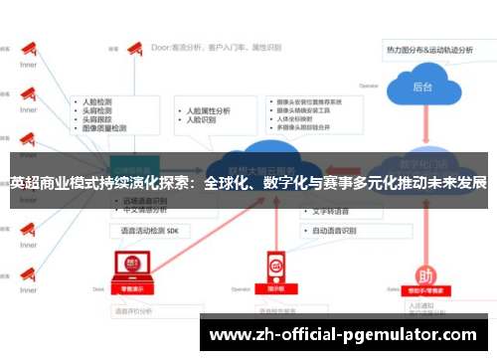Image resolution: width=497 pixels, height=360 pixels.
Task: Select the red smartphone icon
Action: (276, 266)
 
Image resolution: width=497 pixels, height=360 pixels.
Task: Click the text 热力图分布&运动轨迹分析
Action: (435, 47)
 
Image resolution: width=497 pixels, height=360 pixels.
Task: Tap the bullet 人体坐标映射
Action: (303, 119)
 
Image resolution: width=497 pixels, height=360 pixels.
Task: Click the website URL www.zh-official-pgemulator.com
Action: (347, 334)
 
